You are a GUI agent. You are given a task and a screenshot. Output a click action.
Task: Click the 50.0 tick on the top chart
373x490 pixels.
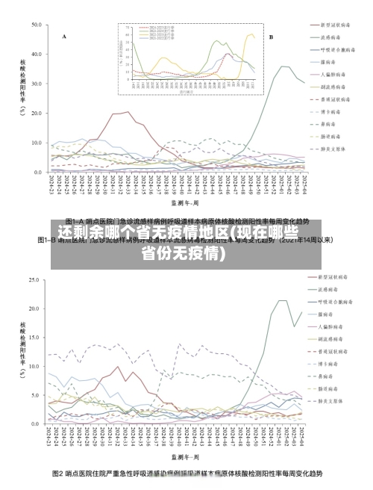pyautogui.click(x=36, y=25)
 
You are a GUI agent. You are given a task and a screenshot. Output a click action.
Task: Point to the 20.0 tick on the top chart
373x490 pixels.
pyautogui.click(x=36, y=113)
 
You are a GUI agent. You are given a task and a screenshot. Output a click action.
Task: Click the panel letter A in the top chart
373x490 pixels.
pyautogui.click(x=64, y=36)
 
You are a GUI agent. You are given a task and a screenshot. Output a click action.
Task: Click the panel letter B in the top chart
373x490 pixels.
pyautogui.click(x=271, y=36)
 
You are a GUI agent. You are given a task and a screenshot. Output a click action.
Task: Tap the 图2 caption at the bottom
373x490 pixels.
pyautogui.click(x=186, y=474)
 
